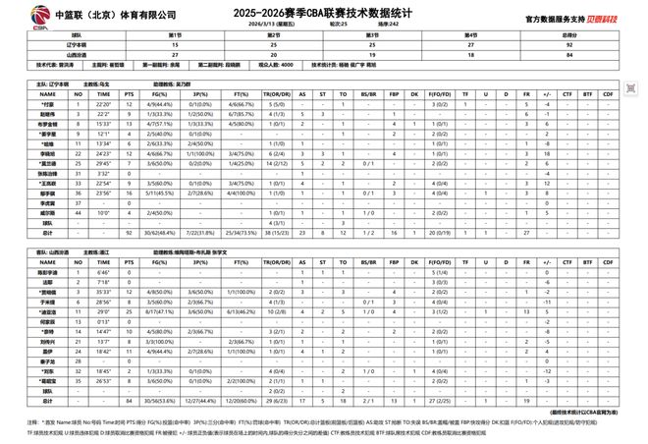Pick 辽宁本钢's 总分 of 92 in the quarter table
tap(558, 45)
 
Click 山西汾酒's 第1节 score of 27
tap(175, 55)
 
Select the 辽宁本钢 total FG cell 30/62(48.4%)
tap(161, 233)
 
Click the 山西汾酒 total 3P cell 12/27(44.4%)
tap(202, 401)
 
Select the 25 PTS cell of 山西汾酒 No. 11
tap(130, 312)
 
